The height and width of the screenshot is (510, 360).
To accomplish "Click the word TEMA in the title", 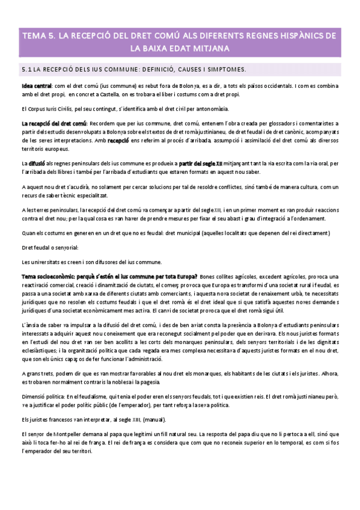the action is tap(34, 35).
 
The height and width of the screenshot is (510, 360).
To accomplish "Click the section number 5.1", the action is tap(26, 70).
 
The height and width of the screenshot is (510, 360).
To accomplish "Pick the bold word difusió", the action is tap(38, 162).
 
